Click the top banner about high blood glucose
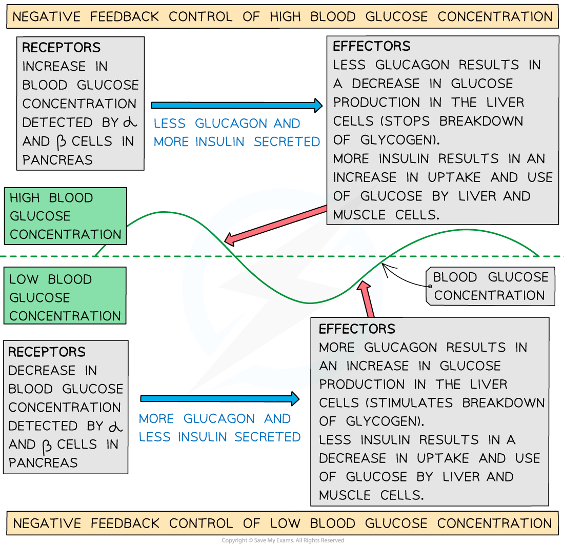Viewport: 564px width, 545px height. coord(282,16)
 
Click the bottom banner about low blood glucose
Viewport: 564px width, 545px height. coord(282,523)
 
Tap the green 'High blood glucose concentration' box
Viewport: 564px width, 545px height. coord(65,216)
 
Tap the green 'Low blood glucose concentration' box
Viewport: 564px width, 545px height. coord(65,297)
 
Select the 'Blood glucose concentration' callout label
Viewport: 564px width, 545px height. coord(490,286)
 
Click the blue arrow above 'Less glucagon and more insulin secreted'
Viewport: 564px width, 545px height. coord(236,106)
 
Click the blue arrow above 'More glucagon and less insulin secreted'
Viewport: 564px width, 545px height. coord(219,398)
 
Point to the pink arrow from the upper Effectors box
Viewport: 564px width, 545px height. coord(277,224)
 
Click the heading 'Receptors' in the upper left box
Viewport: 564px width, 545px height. coord(62,48)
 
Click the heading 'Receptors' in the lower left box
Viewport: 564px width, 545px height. coord(47,352)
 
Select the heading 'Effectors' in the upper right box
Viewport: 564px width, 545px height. coord(372,46)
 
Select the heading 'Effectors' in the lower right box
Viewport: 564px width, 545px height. coord(357,329)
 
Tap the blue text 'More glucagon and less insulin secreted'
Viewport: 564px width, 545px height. coord(219,428)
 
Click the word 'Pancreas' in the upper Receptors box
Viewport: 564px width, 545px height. coord(57,159)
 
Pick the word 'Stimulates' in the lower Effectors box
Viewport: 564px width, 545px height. coord(418,402)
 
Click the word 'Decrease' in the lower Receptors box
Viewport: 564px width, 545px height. coord(42,370)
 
